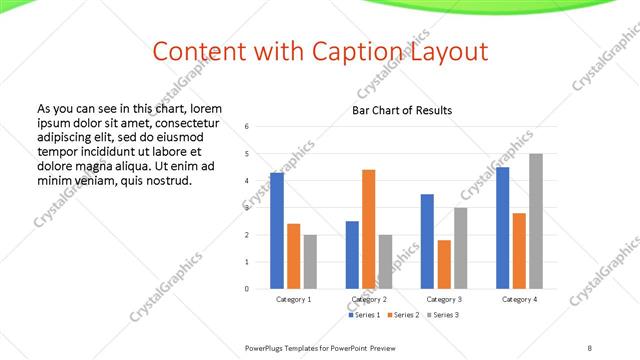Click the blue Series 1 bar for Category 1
click(277, 231)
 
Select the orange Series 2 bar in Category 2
click(368, 229)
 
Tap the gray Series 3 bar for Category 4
click(536, 221)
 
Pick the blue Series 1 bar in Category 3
click(427, 241)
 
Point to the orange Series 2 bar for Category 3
click(444, 264)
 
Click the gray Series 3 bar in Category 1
click(310, 262)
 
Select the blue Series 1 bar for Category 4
click(503, 228)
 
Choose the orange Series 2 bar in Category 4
click(519, 251)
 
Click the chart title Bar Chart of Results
click(402, 110)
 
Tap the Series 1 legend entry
click(364, 315)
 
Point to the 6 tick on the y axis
click(246, 126)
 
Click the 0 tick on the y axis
click(246, 289)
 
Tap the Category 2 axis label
click(369, 299)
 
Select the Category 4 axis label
click(519, 299)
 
